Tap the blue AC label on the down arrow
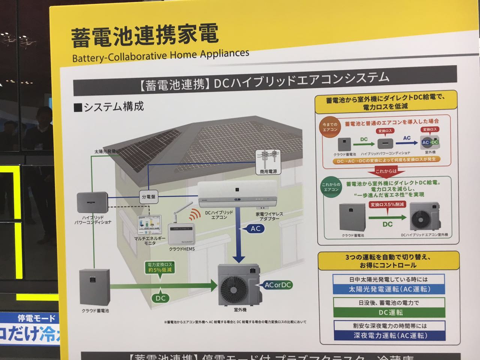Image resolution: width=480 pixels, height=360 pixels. coord(255,229)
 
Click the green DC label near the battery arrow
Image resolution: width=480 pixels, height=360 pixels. coord(160,298)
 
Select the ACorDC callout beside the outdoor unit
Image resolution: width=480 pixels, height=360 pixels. coord(277,285)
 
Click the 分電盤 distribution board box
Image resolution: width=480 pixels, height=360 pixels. coord(148,196)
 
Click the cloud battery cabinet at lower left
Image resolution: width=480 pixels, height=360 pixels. coord(95,287)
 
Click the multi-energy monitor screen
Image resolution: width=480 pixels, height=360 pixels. coord(150,225)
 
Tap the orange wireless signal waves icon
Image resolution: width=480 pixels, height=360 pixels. coord(193,214)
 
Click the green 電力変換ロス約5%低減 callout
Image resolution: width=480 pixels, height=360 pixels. coord(160,267)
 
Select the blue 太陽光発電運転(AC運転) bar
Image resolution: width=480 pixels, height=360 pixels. coord(389,289)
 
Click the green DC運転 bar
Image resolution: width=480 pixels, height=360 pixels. coord(389,312)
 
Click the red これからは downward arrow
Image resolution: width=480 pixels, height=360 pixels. coord(386,172)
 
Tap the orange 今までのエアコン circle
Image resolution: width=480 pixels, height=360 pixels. coord(330,127)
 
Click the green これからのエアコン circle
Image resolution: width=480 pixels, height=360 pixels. coord(331,187)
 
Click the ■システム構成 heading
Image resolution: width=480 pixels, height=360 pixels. coord(109,107)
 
